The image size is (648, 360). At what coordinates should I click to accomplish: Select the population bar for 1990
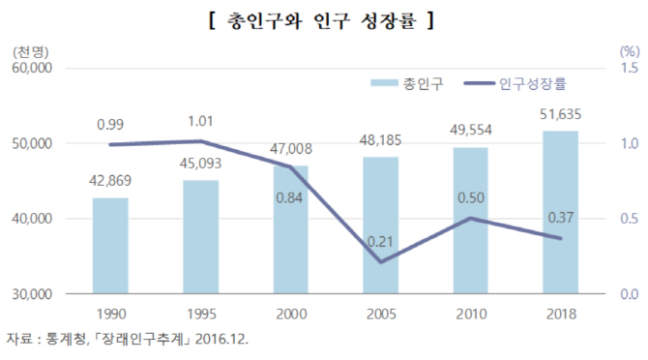point(110,246)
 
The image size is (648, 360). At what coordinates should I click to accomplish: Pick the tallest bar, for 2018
point(561,212)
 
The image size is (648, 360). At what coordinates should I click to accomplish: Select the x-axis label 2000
point(290,314)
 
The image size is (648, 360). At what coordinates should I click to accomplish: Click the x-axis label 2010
point(471,314)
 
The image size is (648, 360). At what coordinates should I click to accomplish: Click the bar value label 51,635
point(561,115)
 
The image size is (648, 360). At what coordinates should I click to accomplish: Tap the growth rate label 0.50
point(471,198)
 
